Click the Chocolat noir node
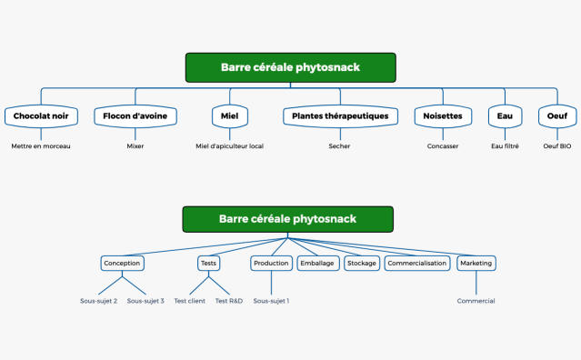[x=41, y=116]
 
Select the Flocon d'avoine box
[x=135, y=116]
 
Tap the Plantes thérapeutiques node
[x=339, y=116]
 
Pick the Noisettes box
[x=443, y=116]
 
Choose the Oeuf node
[x=556, y=116]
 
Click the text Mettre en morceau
[x=41, y=145]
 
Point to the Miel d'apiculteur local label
[x=230, y=145]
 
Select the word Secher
[x=339, y=145]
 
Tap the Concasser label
[x=443, y=145]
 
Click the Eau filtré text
[x=505, y=145]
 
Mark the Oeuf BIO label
[x=556, y=145]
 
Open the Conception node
[x=122, y=263]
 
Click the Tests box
[x=208, y=263]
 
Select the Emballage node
[x=316, y=263]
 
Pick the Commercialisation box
[x=417, y=263]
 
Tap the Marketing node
[x=476, y=263]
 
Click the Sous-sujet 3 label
[x=145, y=301]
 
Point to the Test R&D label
[x=229, y=301]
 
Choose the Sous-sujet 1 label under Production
[x=271, y=301]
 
